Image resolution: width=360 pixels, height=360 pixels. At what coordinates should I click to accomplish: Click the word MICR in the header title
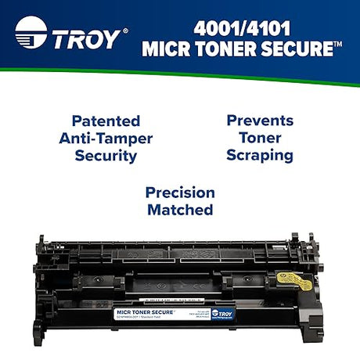167,49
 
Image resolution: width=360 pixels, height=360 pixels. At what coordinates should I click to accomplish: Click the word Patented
106,121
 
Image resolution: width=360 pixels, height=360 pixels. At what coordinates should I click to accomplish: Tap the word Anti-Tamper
106,139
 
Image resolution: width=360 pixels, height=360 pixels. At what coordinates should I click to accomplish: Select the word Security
106,155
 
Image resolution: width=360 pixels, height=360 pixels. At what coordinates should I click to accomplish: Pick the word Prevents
259,121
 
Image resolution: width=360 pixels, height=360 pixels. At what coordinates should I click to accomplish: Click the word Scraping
259,155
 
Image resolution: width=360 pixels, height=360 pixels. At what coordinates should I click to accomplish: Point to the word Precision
179,193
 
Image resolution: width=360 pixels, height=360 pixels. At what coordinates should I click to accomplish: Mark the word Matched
179,210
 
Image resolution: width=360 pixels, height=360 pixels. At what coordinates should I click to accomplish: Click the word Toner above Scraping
259,139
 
